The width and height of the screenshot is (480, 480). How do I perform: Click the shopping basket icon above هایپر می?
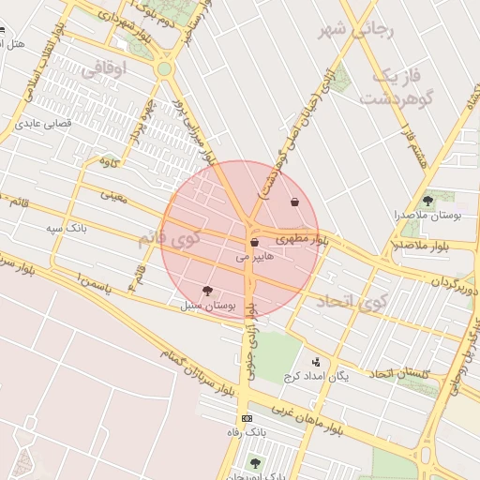click(254, 243)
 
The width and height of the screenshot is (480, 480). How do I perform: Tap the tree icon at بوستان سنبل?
click(207, 292)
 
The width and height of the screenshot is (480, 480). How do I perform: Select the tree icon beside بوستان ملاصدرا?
click(427, 201)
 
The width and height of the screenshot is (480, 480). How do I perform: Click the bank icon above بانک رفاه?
click(247, 418)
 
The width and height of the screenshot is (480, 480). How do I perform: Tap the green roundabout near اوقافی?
click(165, 68)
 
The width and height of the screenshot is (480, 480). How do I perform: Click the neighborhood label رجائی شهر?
click(359, 30)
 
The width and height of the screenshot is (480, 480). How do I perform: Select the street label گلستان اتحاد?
click(397, 374)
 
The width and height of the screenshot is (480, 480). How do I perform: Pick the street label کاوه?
click(111, 161)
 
